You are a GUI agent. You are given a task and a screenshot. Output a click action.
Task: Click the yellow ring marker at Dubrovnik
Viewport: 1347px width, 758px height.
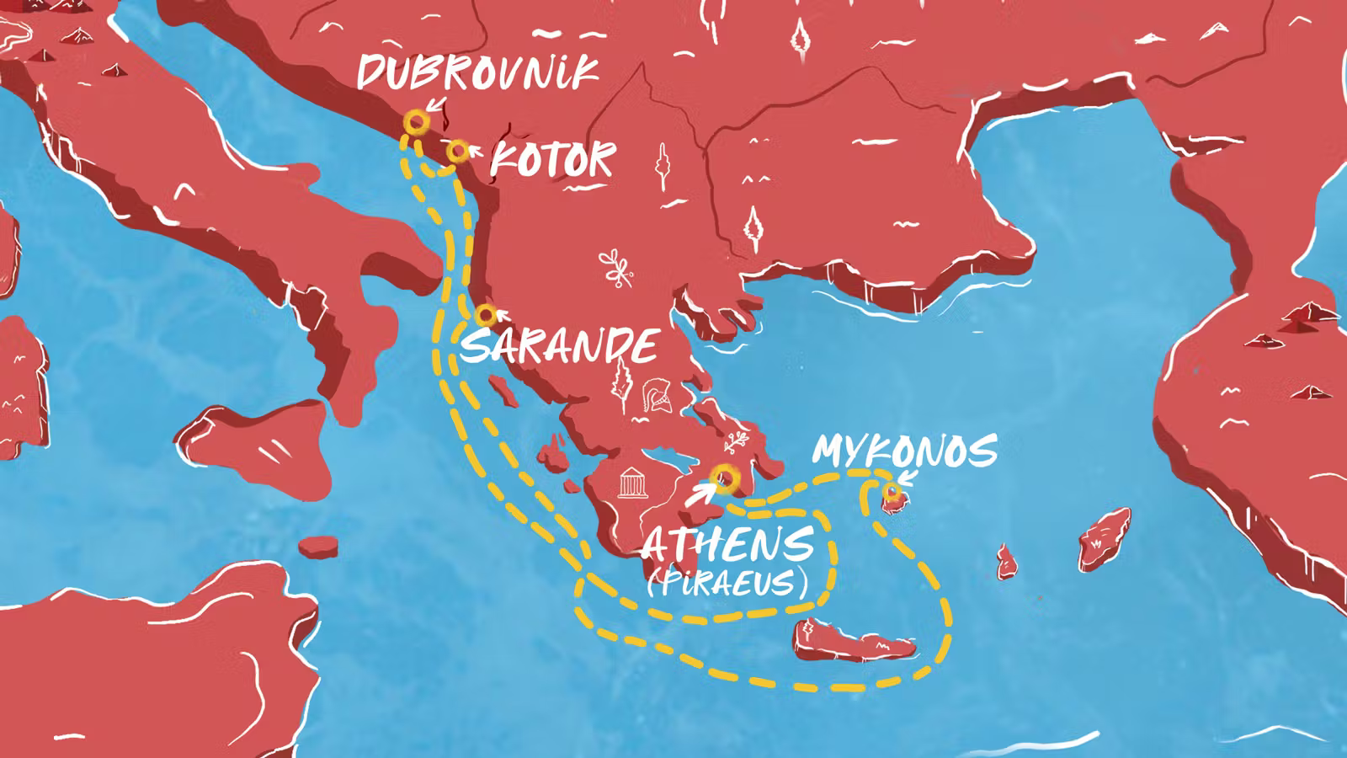[416, 122]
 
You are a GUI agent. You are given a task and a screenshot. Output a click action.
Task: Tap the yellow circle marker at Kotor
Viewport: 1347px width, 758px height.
[457, 152]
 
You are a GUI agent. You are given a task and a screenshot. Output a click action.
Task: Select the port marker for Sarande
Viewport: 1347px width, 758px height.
[485, 315]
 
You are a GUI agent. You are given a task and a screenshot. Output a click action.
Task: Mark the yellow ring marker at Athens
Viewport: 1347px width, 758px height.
[725, 478]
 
